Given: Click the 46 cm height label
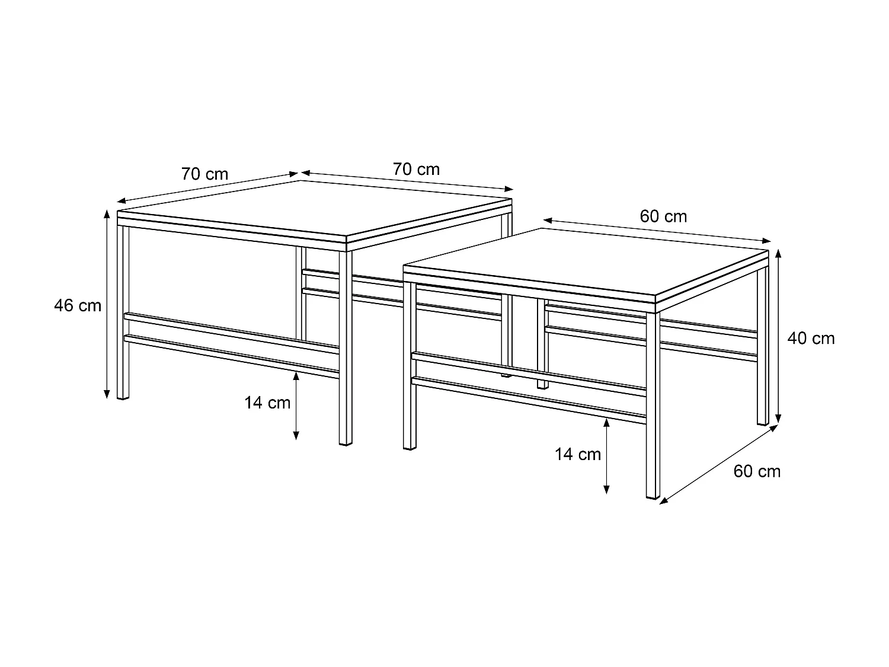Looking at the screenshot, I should (x=78, y=306).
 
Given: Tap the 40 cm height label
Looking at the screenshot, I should (x=810, y=339).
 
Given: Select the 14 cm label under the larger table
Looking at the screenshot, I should (x=267, y=403).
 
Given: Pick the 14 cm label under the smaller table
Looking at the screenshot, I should (x=578, y=455).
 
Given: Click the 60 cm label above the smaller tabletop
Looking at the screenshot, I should (x=663, y=216).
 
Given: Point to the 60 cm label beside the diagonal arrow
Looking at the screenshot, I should (x=757, y=471).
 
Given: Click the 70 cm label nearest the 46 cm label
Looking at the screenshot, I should (x=204, y=174).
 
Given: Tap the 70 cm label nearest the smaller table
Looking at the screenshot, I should (x=416, y=170).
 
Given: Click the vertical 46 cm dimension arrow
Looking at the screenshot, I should (x=107, y=304).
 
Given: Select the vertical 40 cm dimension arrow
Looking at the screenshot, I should (x=779, y=336).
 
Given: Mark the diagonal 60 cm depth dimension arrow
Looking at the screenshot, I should (x=718, y=465).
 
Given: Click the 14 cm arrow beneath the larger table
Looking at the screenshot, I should (x=296, y=406).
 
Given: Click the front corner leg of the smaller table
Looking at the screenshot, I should (x=653, y=403).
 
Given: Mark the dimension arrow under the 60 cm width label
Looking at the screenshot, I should (x=657, y=231).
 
